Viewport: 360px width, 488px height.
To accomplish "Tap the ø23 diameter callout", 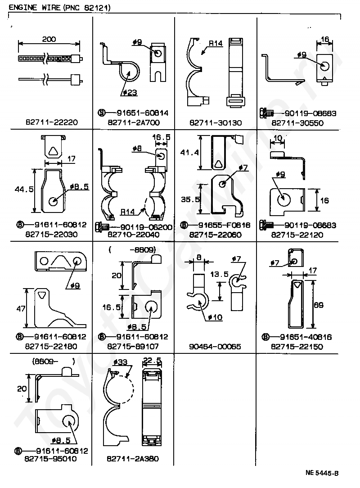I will (130, 93).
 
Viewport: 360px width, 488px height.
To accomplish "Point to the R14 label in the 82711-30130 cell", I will (215, 44).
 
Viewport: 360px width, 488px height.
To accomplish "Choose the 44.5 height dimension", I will (23, 190).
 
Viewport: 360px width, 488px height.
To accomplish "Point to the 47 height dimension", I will (21, 309).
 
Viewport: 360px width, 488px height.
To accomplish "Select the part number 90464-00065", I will (215, 346).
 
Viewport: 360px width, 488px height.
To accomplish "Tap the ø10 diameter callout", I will (215, 317).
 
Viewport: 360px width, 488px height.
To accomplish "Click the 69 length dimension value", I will (318, 305).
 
